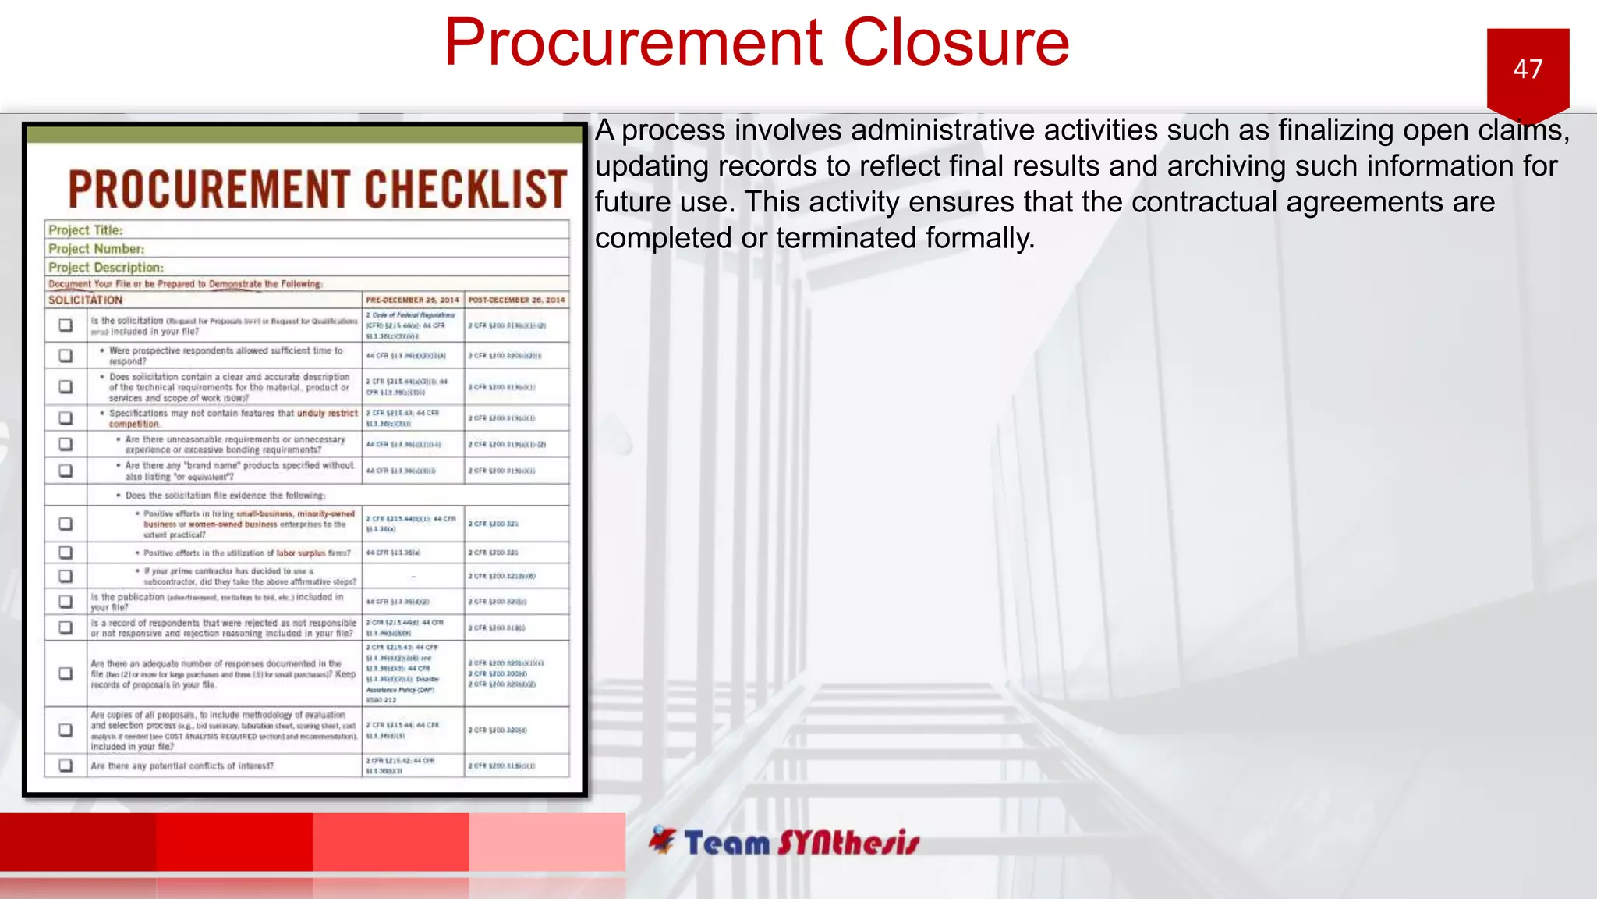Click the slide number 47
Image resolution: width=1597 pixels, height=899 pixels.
1528,69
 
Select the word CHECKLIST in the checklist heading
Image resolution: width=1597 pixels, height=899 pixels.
466,189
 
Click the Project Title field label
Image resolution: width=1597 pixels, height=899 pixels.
86,230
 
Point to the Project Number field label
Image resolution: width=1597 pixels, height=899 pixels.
96,249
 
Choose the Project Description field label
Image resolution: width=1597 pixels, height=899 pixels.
106,268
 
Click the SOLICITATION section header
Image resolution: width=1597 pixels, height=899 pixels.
86,300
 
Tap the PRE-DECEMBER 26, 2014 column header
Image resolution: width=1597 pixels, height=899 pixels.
413,300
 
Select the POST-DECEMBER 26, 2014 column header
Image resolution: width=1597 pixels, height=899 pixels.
516,300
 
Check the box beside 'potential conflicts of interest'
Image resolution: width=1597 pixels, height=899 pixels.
66,766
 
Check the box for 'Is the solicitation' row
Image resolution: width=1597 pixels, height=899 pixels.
66,325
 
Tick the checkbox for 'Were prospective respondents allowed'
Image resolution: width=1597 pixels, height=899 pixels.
66,356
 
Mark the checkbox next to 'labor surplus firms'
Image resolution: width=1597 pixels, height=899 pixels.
66,553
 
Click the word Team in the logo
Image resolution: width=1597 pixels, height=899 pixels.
727,844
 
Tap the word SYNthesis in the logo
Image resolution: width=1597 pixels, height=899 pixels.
848,844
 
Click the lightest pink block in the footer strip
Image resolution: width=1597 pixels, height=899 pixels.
547,841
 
